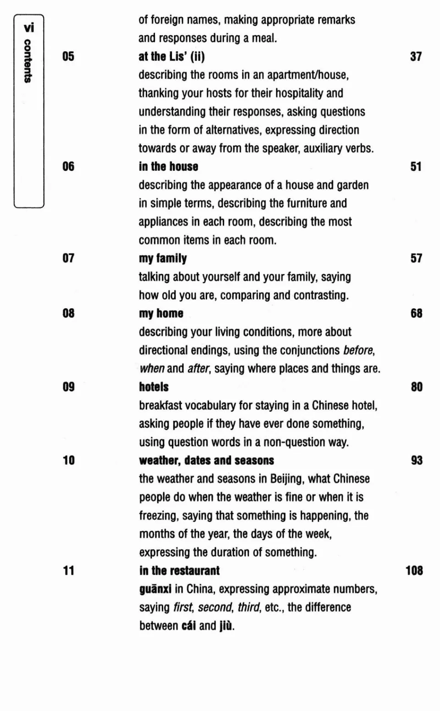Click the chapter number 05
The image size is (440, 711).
pyautogui.click(x=68, y=56)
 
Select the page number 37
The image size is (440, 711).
pyautogui.click(x=416, y=56)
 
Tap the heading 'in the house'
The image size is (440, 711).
pyautogui.click(x=169, y=167)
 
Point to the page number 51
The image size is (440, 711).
pyautogui.click(x=416, y=167)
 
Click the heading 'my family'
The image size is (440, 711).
pyautogui.click(x=163, y=259)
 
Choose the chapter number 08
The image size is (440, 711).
pyautogui.click(x=68, y=314)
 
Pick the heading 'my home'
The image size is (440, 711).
pyautogui.click(x=161, y=314)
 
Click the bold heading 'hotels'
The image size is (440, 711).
pyautogui.click(x=154, y=387)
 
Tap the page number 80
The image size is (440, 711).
pyautogui.click(x=416, y=387)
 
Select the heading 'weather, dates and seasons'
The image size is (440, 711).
pyautogui.click(x=206, y=461)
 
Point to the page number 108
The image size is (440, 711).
pyautogui.click(x=414, y=571)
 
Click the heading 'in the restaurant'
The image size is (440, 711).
pyautogui.click(x=179, y=571)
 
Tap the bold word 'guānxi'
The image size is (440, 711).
pyautogui.click(x=155, y=589)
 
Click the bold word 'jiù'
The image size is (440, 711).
pyautogui.click(x=225, y=626)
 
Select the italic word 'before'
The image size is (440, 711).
pyautogui.click(x=358, y=351)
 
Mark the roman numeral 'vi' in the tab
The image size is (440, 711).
pyautogui.click(x=29, y=28)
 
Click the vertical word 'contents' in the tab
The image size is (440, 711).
pyautogui.click(x=28, y=61)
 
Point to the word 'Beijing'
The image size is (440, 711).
pyautogui.click(x=287, y=479)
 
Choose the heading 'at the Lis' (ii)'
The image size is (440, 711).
pyautogui.click(x=171, y=56)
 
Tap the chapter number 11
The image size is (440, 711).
pyautogui.click(x=68, y=571)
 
